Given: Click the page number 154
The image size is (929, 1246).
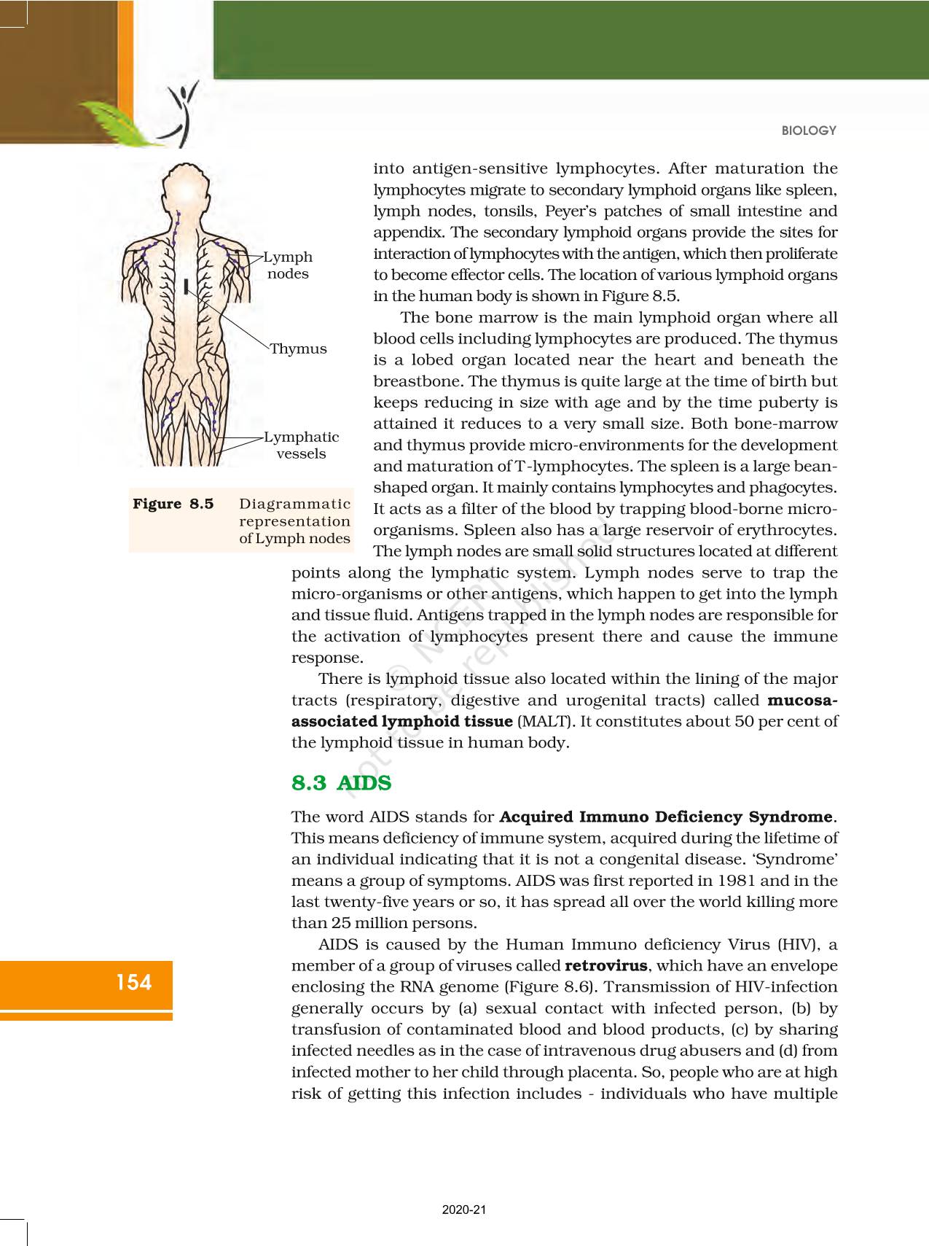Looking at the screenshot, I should [134, 982].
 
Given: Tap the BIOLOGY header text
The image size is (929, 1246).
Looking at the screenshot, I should [809, 131].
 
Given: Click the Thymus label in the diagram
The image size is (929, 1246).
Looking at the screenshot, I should [298, 349].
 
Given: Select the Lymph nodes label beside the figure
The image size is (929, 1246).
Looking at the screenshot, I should [288, 265].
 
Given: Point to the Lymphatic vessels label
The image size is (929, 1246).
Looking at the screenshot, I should [301, 445].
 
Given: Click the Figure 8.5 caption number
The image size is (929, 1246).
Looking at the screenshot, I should [173, 504].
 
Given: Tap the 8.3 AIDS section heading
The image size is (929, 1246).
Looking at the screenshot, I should [341, 783].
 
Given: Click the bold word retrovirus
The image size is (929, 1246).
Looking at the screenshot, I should [605, 965].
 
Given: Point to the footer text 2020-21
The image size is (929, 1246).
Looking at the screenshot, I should [464, 1210].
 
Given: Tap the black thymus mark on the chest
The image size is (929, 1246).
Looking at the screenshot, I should [187, 285].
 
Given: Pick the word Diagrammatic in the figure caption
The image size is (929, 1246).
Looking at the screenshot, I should [295, 504].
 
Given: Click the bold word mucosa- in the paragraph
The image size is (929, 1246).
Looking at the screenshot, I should [802, 700].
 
